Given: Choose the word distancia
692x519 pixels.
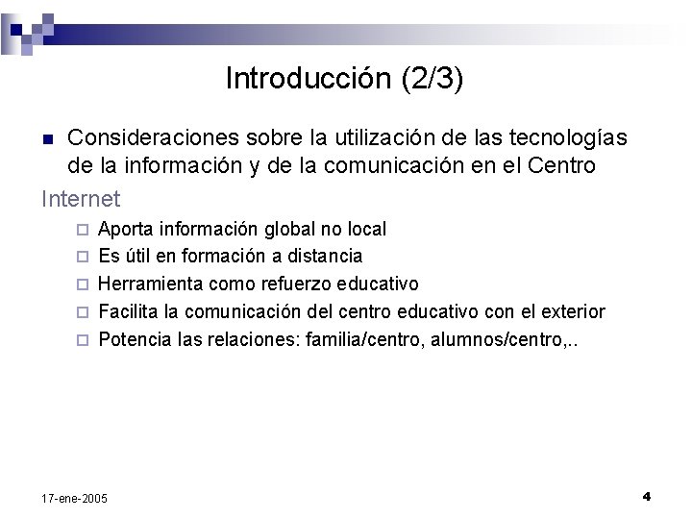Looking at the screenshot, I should (x=322, y=257).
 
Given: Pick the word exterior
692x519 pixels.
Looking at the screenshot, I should (x=572, y=312).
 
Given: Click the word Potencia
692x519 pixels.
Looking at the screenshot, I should (x=132, y=339).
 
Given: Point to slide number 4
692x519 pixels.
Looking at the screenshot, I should (x=647, y=496).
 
